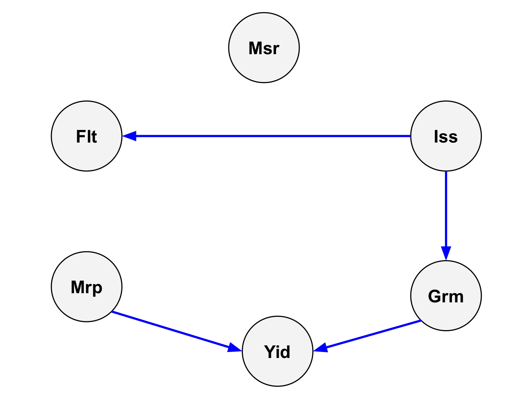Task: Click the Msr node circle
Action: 264,48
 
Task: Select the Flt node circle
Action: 87,136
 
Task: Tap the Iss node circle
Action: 446,136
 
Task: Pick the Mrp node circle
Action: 87,287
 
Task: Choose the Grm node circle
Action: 446,296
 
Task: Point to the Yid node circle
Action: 278,351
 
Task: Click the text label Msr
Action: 264,48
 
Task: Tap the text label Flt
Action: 87,136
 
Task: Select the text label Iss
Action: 446,136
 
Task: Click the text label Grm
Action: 446,296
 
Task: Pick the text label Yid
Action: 277,352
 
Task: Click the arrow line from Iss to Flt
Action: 266,136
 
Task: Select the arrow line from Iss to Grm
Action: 446,216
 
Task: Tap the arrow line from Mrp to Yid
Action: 177,331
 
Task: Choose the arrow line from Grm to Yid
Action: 367,336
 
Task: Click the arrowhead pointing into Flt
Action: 130,136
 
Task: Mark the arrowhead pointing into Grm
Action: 446,253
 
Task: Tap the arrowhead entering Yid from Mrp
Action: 235,348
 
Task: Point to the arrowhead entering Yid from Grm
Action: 320,348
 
